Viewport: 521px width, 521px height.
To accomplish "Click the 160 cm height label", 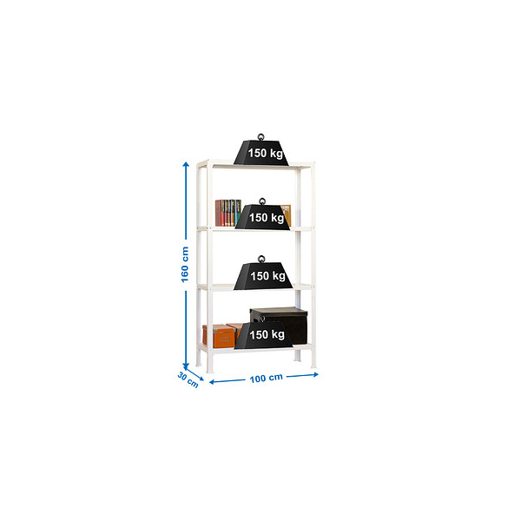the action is (x=185, y=265).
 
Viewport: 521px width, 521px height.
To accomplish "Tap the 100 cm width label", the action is (x=267, y=378).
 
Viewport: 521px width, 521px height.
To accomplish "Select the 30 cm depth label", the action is (x=188, y=379).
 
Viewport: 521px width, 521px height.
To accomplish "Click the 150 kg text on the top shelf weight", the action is (x=266, y=153).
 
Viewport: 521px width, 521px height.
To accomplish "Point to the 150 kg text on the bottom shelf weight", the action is (x=267, y=334).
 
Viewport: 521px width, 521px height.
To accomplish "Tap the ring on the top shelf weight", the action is (x=261, y=137).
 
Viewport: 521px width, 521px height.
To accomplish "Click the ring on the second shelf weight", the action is (x=262, y=201).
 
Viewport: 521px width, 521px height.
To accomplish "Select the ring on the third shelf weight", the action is (x=262, y=259).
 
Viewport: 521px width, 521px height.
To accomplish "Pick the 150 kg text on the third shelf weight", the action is (x=267, y=276).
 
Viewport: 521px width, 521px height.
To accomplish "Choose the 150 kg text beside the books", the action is (x=267, y=218).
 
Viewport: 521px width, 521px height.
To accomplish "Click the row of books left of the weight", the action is (x=228, y=213).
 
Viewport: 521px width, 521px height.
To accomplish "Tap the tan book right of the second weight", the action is (x=286, y=215).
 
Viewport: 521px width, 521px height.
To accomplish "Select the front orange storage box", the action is (x=220, y=336).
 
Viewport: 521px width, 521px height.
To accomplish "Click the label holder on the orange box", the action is (x=227, y=340).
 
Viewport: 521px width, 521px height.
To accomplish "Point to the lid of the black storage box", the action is (x=279, y=311).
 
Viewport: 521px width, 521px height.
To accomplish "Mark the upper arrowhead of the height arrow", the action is (x=186, y=164).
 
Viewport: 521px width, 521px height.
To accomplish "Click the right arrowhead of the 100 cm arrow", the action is (x=315, y=374).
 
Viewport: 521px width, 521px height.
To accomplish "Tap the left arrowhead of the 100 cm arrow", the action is (x=212, y=382).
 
